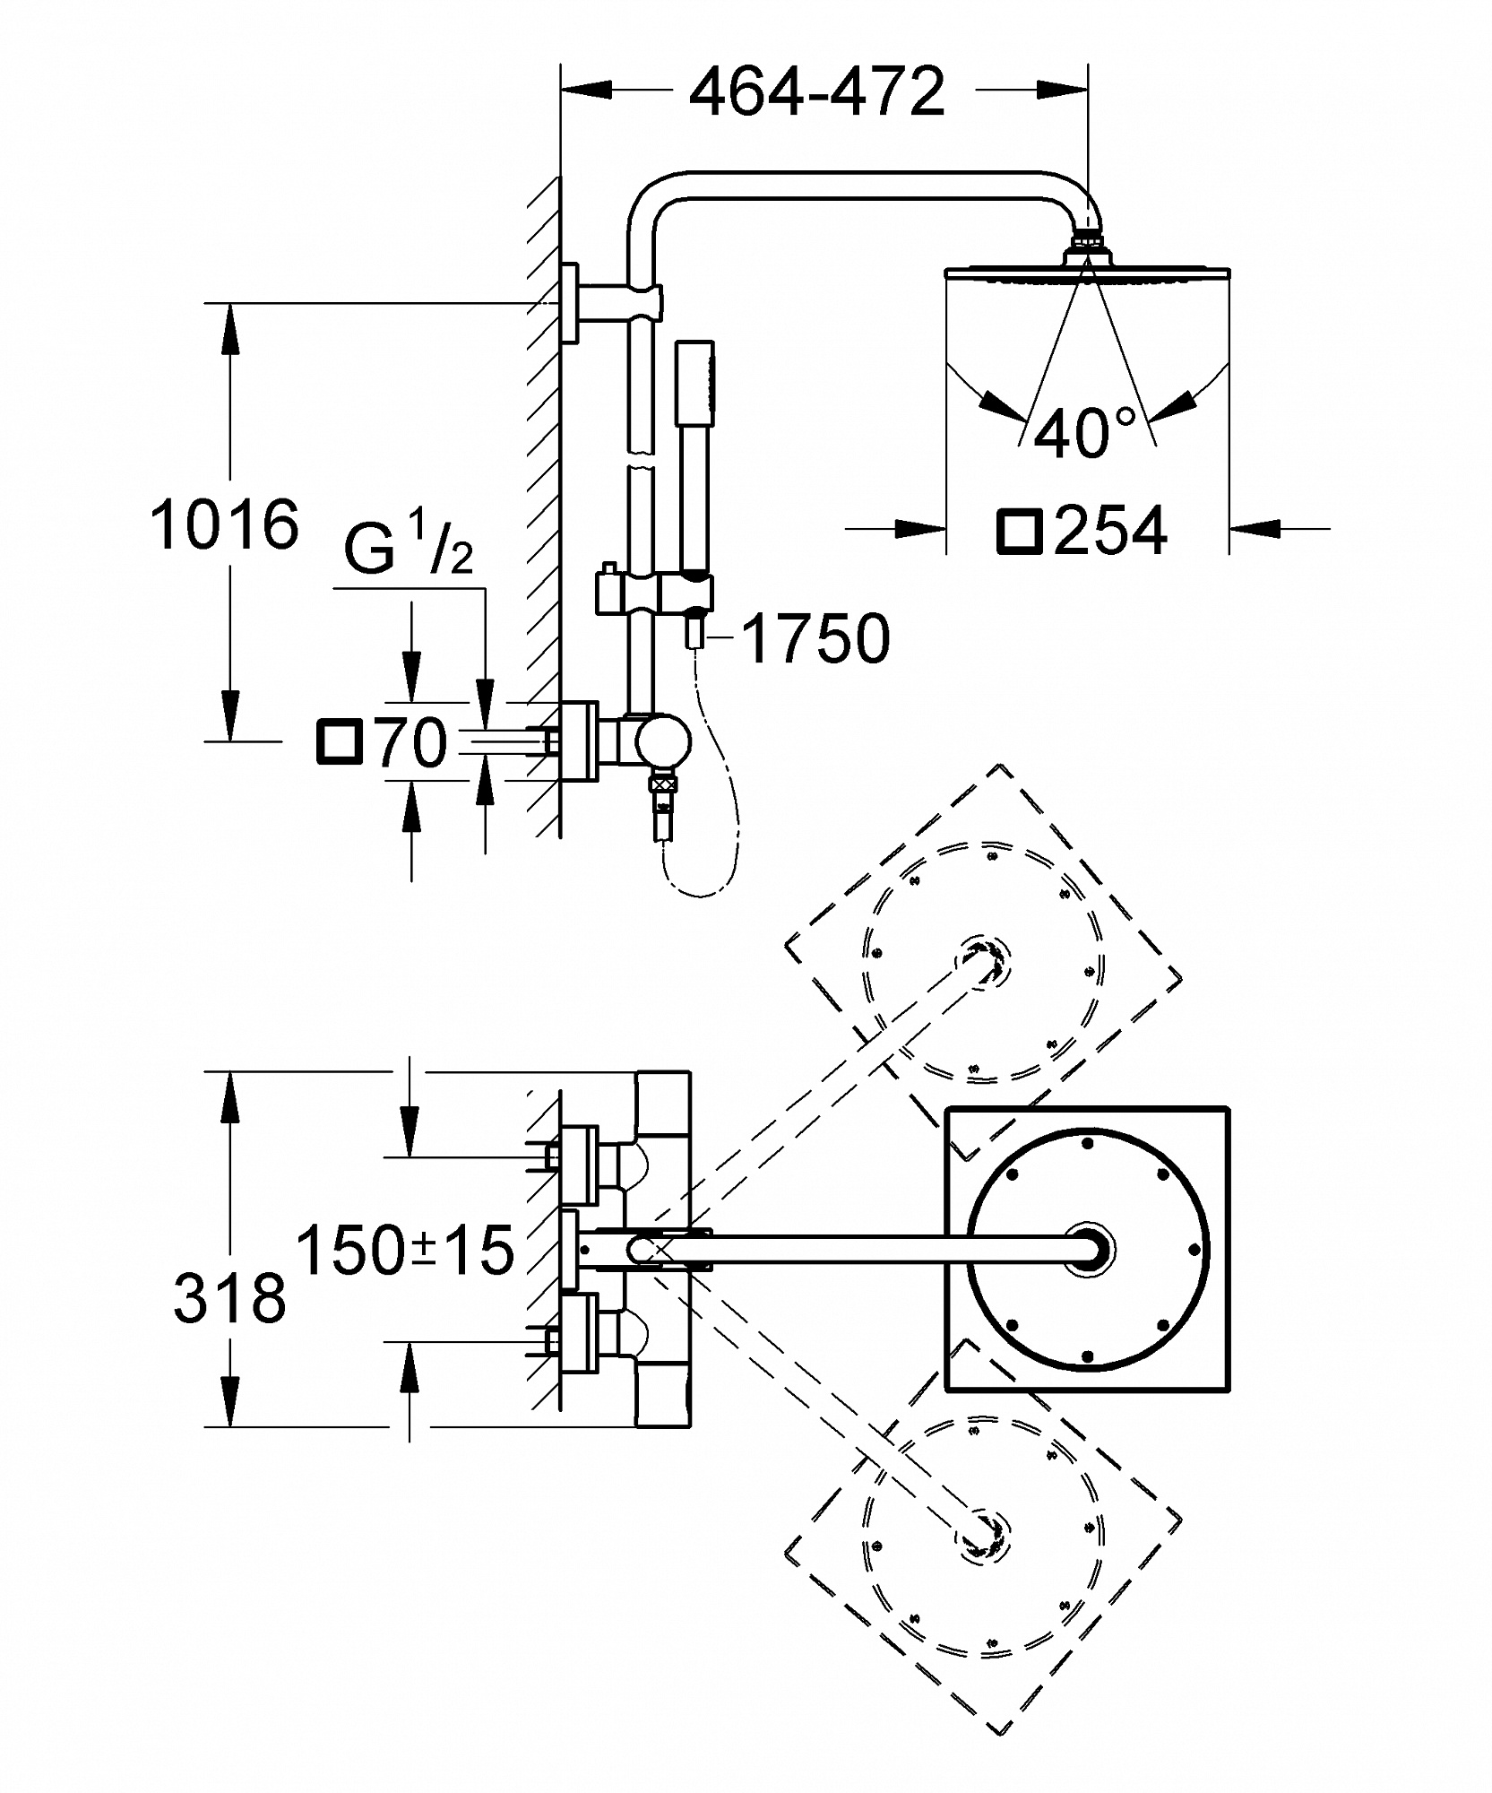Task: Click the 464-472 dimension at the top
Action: coord(816,91)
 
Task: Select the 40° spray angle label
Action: coord(1083,433)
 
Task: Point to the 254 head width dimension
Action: coord(1110,530)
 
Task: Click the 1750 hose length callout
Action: coord(816,638)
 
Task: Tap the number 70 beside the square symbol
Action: coord(411,742)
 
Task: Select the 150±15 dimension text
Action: coord(405,1250)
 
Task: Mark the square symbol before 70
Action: coord(341,742)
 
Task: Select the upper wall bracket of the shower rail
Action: coord(615,302)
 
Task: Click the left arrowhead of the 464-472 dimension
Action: coord(586,90)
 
